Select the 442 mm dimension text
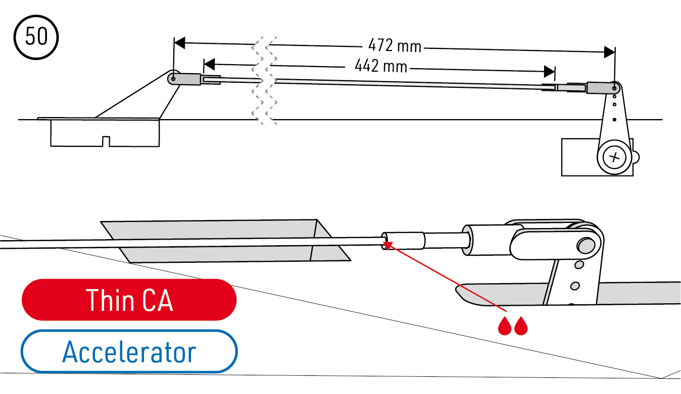pyautogui.click(x=380, y=65)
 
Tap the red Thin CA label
pyautogui.click(x=129, y=300)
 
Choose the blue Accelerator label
pyautogui.click(x=129, y=352)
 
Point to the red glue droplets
pyautogui.click(x=513, y=326)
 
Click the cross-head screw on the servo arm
pyautogui.click(x=614, y=157)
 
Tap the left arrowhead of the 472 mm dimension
pyautogui.click(x=179, y=42)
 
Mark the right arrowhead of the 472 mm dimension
pyautogui.click(x=610, y=51)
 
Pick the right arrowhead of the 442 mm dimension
pyautogui.click(x=549, y=71)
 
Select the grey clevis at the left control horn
pyautogui.click(x=186, y=79)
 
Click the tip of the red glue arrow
pyautogui.click(x=387, y=244)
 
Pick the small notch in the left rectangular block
pyautogui.click(x=106, y=141)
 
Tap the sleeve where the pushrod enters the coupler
pyautogui.click(x=403, y=240)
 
